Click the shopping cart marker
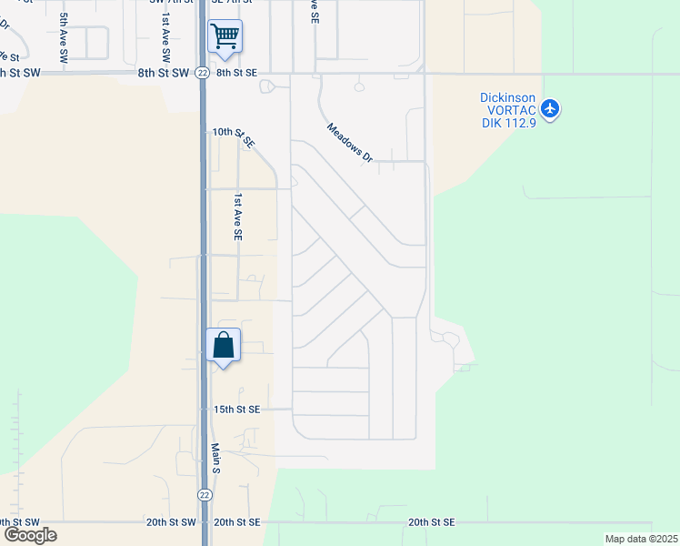225,37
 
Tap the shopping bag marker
224,346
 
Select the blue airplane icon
549,109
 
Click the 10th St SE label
234,137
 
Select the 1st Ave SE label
238,217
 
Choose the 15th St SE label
236,409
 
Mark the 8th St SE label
236,73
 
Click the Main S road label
216,458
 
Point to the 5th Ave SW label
64,36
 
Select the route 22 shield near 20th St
205,492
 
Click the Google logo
30,535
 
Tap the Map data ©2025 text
640,539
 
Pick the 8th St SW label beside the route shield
164,73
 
